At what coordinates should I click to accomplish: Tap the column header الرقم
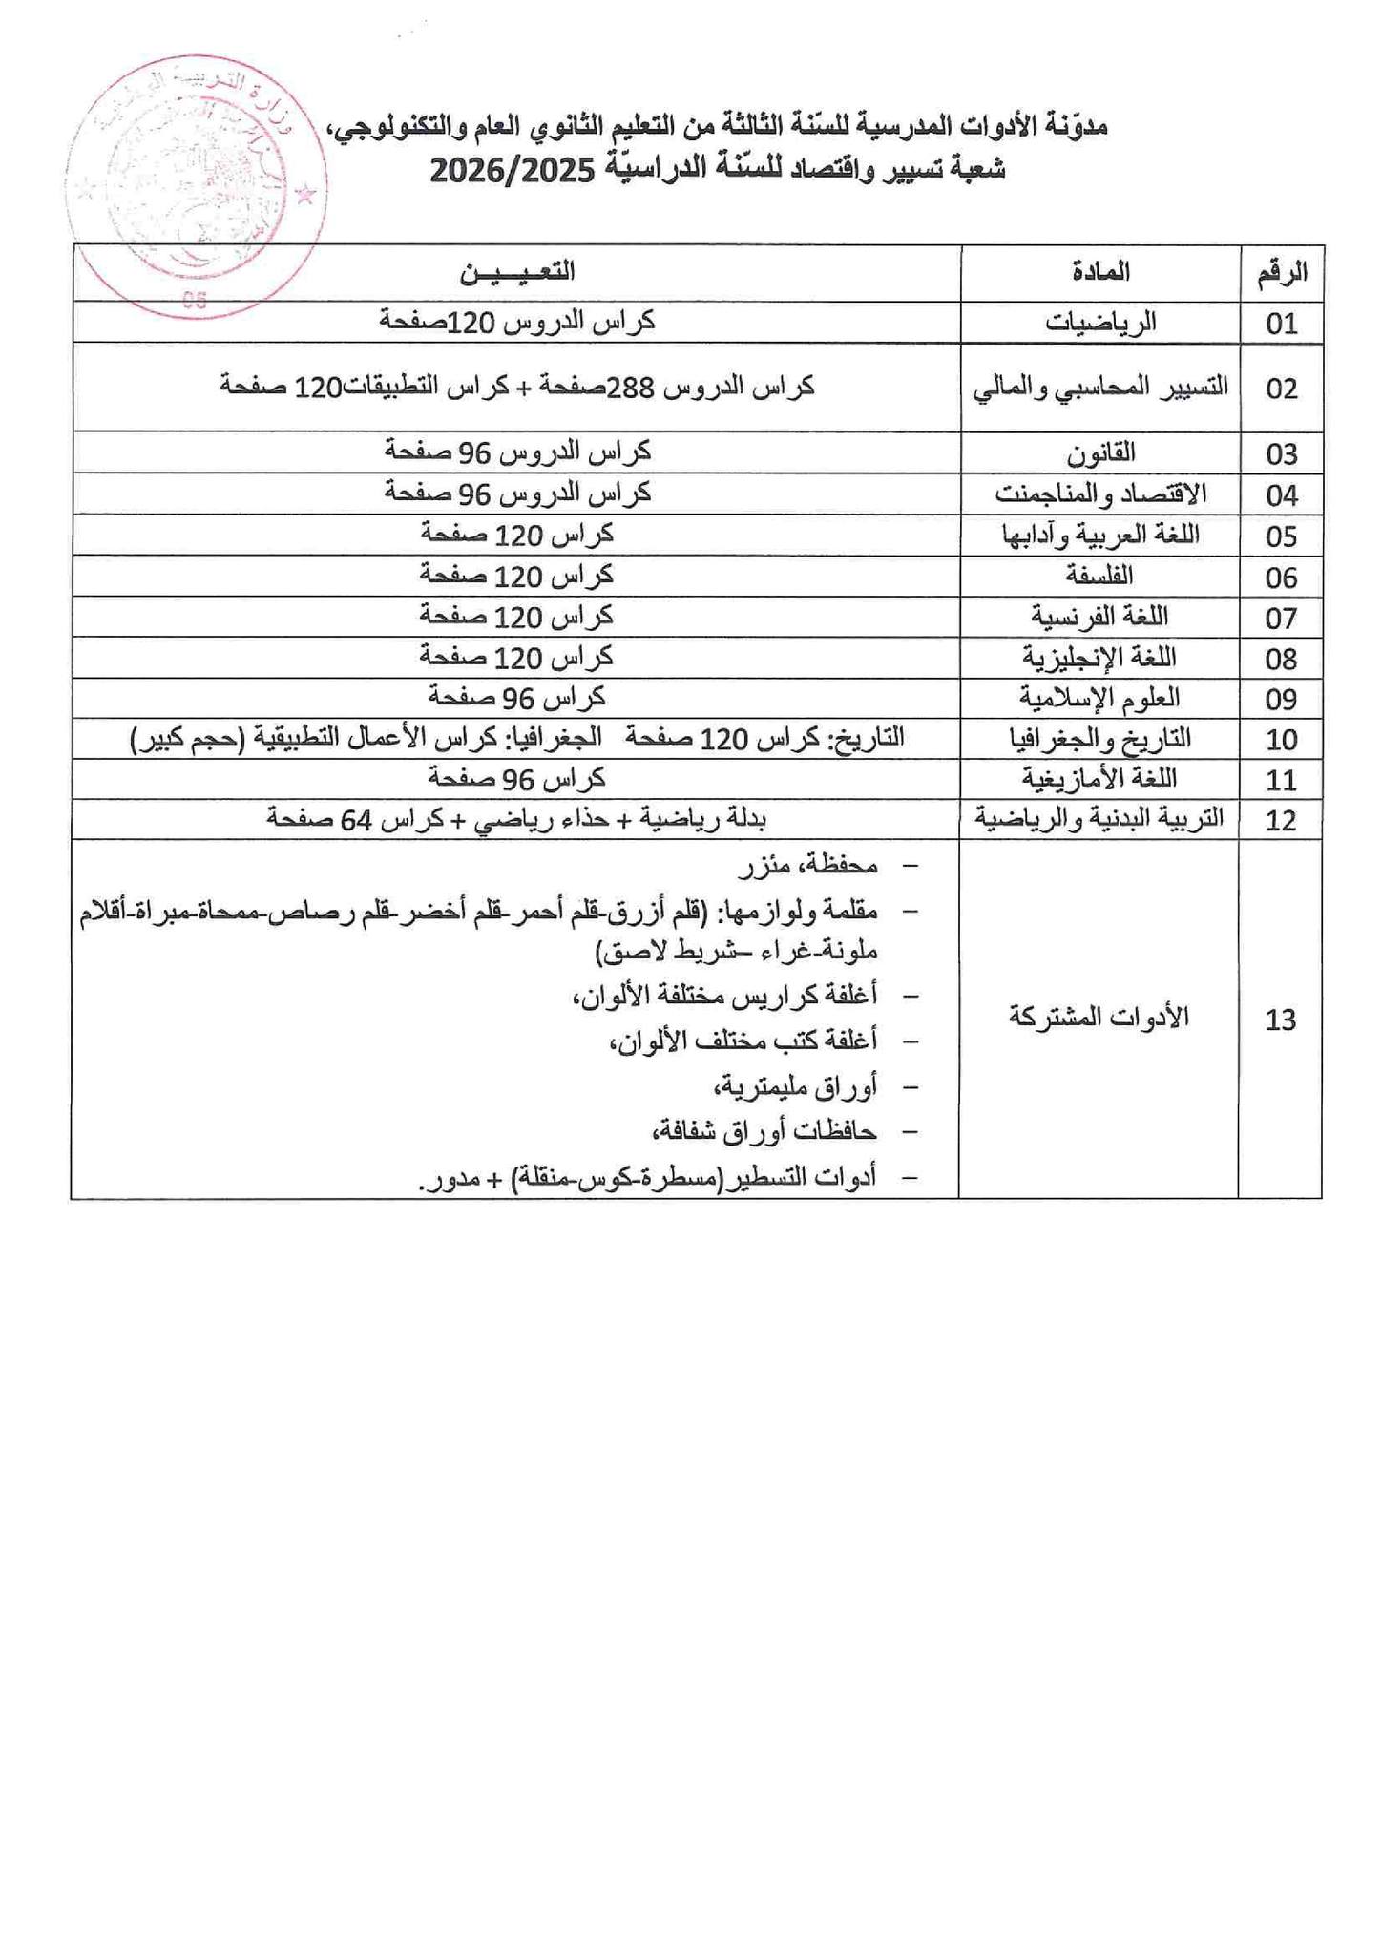[1282, 273]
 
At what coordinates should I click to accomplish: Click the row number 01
[1282, 324]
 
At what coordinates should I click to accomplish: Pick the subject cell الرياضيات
[1100, 323]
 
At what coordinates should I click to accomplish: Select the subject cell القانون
[1100, 452]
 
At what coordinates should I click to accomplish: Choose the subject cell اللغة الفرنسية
[1099, 617]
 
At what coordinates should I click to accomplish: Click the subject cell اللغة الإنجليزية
[1099, 658]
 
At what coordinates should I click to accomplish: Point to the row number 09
[1282, 699]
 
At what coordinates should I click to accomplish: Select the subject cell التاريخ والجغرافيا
[1099, 739]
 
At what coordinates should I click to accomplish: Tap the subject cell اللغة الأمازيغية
[1099, 780]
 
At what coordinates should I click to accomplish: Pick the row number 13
[1281, 1020]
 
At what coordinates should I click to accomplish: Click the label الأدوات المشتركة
[1099, 1018]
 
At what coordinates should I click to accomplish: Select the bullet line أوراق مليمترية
[795, 1086]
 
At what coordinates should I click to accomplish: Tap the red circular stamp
[197, 186]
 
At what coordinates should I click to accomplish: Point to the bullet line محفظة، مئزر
[809, 866]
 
